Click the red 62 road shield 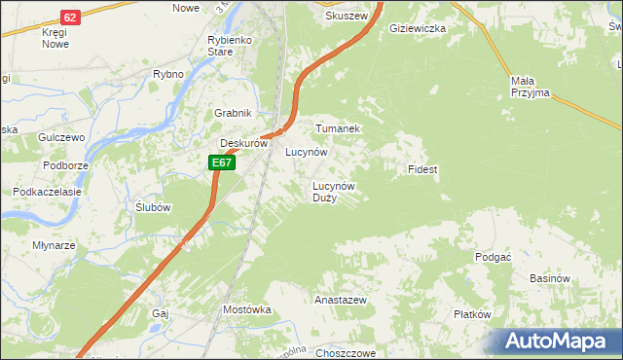tap(70, 18)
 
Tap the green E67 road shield tap(222, 163)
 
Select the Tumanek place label tap(338, 128)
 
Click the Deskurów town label tap(242, 143)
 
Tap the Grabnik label tap(234, 113)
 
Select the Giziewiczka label tap(417, 29)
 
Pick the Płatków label tap(472, 314)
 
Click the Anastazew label tap(340, 301)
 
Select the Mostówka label tap(246, 309)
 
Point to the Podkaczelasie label tap(46, 192)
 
